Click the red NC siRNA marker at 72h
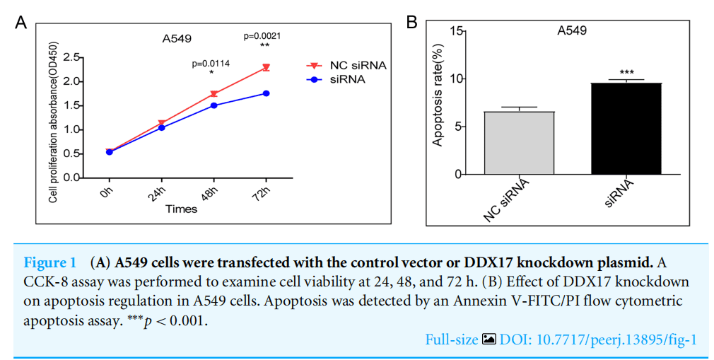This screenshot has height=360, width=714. [266, 68]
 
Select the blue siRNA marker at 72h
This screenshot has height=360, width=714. [266, 93]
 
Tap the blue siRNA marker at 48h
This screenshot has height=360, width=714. [213, 105]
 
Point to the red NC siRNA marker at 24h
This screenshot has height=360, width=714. [162, 123]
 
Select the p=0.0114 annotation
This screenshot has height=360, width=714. [211, 64]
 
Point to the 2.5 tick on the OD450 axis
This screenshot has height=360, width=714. [71, 57]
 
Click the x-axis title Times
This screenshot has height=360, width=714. [181, 209]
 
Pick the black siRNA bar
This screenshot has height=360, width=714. [626, 129]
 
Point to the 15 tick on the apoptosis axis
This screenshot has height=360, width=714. [456, 30]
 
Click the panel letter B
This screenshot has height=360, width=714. [411, 23]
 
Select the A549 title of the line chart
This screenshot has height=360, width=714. [177, 38]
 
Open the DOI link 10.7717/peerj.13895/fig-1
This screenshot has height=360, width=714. [598, 339]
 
